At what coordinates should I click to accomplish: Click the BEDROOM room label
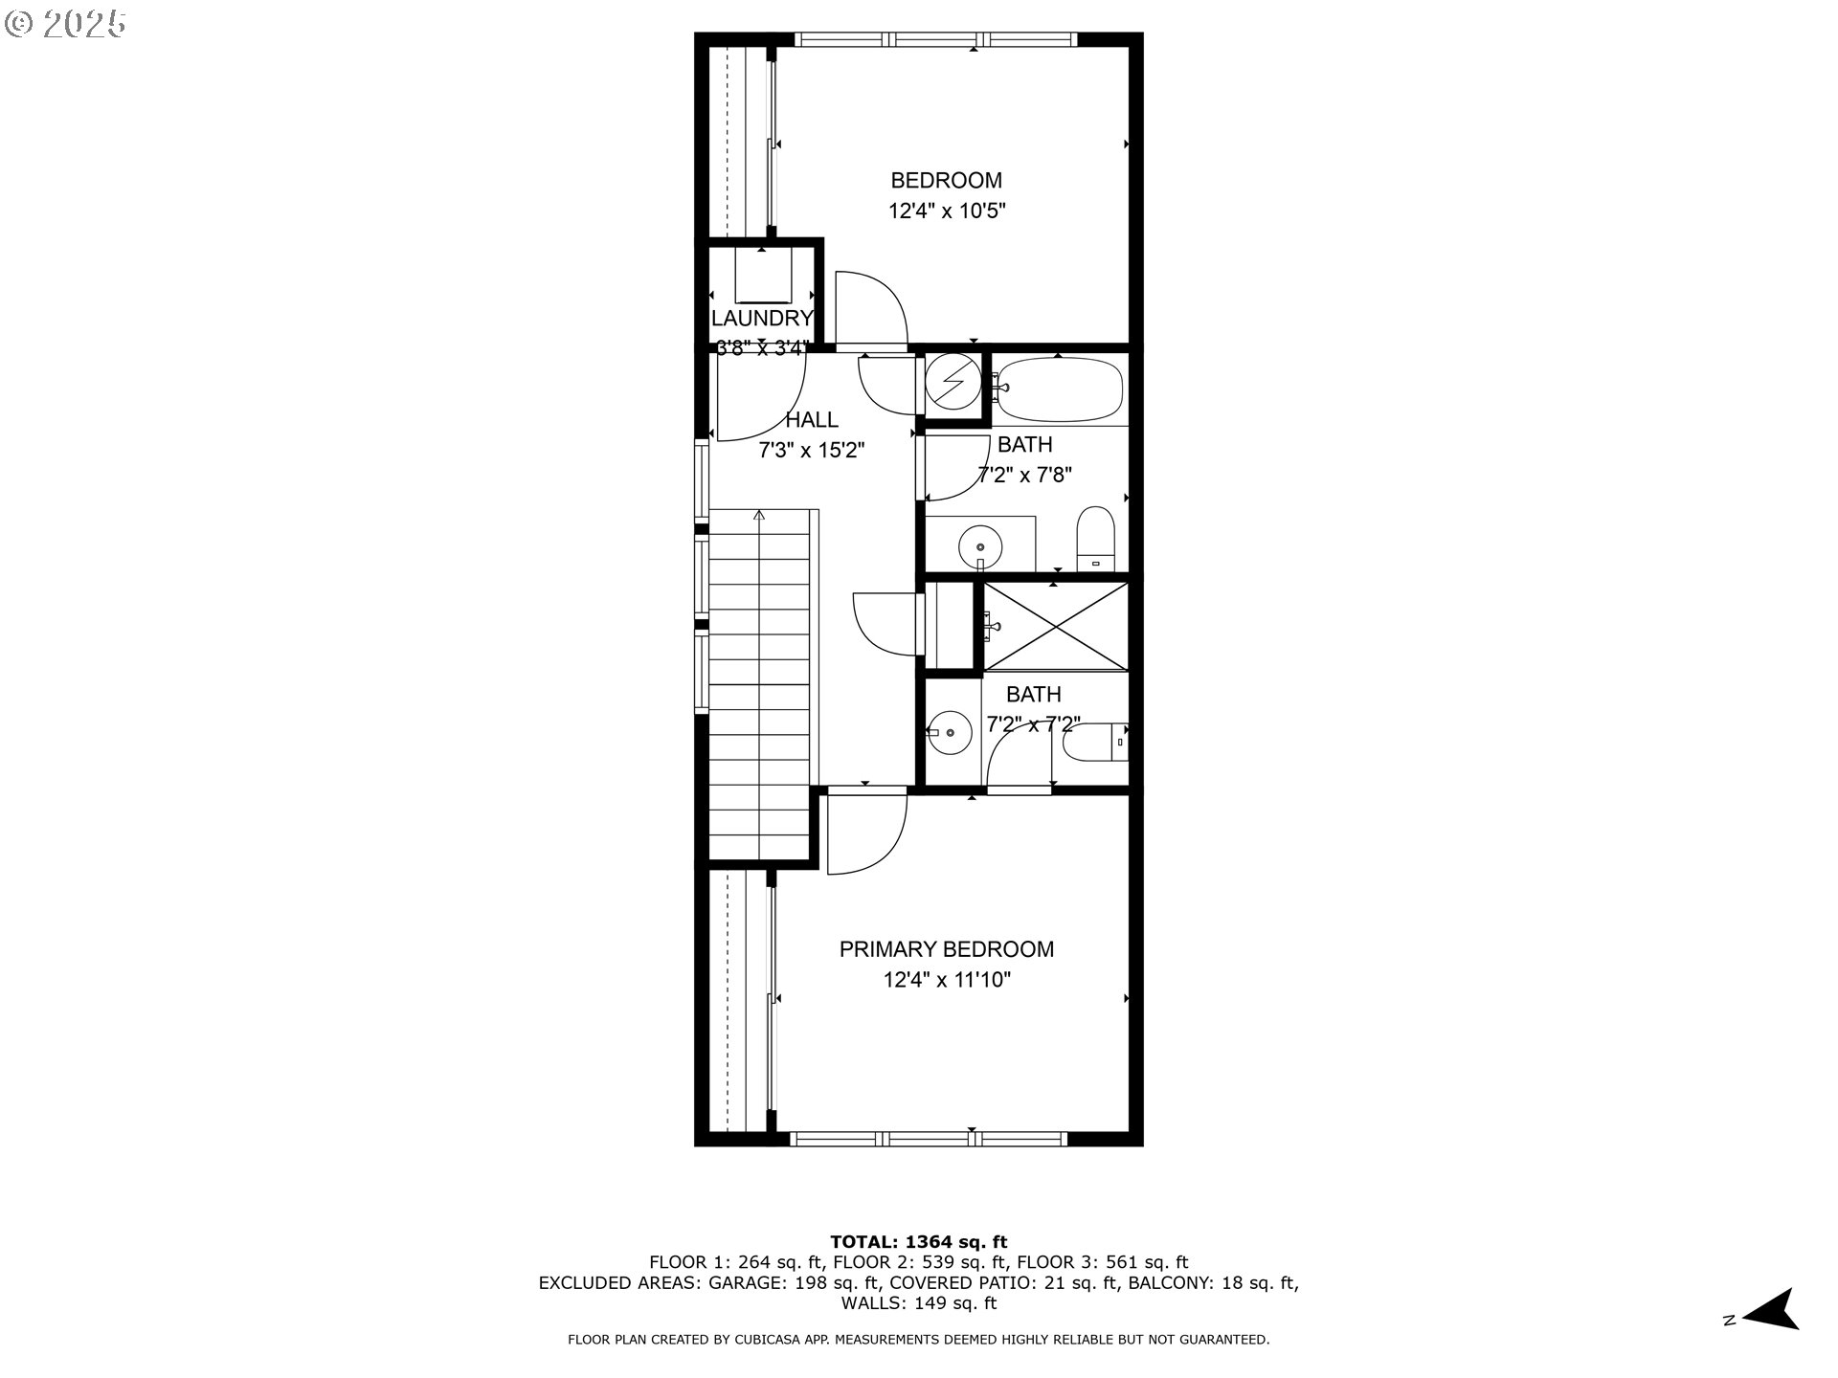pos(946,180)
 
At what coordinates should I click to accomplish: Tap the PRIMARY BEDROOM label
pos(946,949)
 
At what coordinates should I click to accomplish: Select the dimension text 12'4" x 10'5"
pos(946,211)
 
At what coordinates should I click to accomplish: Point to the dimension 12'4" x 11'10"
pos(946,980)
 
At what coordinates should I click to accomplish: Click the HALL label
pos(812,419)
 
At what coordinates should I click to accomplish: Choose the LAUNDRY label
pos(762,318)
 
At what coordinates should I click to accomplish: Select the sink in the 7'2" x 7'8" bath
pos(980,546)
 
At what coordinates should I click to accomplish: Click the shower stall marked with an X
pos(1055,627)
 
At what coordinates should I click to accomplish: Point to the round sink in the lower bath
pos(950,732)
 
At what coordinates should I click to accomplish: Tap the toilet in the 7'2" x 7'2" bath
pos(1097,742)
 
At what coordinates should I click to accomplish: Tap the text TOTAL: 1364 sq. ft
pos(918,1242)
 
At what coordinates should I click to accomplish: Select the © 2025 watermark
pos(65,24)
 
